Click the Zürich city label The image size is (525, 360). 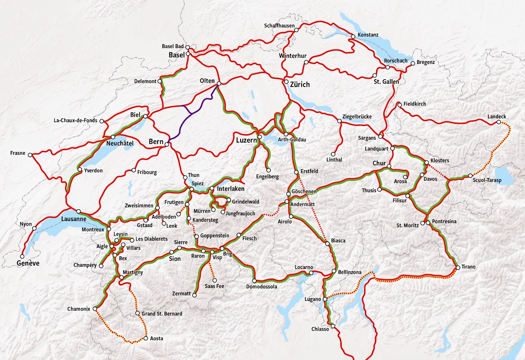(300, 84)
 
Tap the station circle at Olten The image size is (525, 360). (219, 84)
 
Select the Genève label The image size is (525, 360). (28, 263)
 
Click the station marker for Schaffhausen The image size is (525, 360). (296, 31)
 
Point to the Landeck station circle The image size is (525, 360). (499, 122)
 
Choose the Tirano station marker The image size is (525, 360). (458, 267)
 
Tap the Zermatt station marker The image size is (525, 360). (195, 295)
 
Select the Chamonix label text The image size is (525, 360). (79, 309)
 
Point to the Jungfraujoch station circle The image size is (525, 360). (223, 213)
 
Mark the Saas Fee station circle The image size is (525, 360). (214, 280)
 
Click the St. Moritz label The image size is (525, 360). (408, 225)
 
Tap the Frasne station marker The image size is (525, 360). (30, 154)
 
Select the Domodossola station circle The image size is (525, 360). (254, 281)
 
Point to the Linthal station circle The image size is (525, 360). (334, 154)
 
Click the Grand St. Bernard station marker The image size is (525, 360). (137, 314)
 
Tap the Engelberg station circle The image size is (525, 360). (269, 170)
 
